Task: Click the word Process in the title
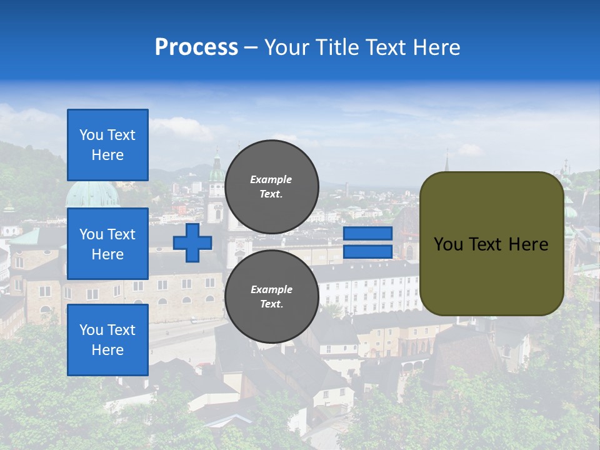[196, 47]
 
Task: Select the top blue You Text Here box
[107, 145]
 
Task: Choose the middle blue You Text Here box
[107, 244]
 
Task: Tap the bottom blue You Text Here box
[107, 340]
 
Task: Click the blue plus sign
[192, 243]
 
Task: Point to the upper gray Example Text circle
[271, 186]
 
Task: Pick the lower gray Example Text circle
[271, 296]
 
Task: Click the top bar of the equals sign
[368, 234]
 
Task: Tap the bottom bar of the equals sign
[368, 252]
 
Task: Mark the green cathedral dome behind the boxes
[92, 194]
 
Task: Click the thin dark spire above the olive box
[447, 161]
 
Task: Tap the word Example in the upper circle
[271, 179]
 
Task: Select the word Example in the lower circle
[271, 289]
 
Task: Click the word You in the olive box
[448, 244]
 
